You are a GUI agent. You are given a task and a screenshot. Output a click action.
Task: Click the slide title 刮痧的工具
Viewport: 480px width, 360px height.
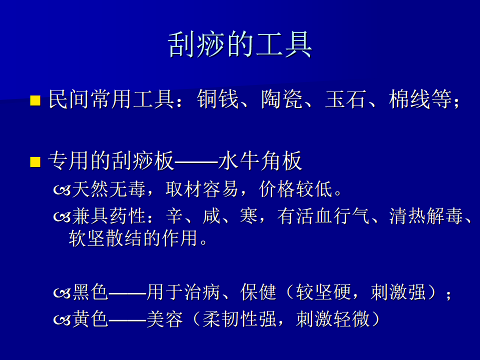point(240,44)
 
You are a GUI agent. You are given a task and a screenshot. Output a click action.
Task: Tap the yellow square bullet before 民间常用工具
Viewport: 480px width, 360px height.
point(35,100)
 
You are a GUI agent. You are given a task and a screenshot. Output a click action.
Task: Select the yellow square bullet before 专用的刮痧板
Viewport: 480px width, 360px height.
point(35,162)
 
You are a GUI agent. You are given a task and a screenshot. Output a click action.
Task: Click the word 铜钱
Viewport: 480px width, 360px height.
point(218,99)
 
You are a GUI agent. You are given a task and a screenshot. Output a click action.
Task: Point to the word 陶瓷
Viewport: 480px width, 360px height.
point(282,99)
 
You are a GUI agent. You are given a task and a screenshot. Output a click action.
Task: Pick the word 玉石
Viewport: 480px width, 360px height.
point(346,99)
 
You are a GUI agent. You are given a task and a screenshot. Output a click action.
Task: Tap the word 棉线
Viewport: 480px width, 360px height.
point(410,99)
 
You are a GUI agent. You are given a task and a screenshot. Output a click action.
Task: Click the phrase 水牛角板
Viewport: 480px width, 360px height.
point(260,160)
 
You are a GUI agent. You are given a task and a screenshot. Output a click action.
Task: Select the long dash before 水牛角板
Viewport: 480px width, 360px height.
point(196,161)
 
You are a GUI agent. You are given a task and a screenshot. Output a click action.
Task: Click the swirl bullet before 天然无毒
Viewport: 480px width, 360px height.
point(62,190)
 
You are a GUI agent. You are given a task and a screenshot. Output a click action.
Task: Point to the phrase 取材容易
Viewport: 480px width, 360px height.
point(202,189)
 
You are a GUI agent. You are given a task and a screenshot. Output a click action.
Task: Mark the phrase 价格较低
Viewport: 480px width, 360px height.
point(295,189)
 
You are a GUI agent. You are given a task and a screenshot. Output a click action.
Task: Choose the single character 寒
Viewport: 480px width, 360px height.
point(248,216)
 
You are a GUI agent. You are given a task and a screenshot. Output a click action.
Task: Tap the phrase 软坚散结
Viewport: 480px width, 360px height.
point(105,238)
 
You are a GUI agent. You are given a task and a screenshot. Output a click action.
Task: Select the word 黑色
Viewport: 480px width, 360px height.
point(90,291)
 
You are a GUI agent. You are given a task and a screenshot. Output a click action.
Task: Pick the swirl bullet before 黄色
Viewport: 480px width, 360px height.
point(62,320)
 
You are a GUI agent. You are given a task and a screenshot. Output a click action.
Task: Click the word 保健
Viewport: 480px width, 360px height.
point(258,291)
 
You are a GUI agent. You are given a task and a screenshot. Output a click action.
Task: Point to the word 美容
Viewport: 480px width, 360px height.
point(164,319)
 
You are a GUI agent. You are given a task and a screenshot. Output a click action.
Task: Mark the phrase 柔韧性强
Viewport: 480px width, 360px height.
point(239,319)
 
